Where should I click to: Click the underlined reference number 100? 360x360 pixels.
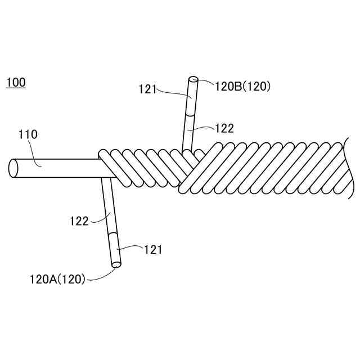tap(15, 83)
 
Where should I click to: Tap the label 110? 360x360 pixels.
tap(28, 134)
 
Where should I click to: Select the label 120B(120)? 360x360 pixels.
tap(243, 86)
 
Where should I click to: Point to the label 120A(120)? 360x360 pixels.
tap(57, 278)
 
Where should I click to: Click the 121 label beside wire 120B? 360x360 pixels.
tap(147, 88)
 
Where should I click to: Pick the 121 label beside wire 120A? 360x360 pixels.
tap(153, 250)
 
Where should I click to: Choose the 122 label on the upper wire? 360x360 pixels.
tap(224, 128)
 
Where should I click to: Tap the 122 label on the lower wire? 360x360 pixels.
tap(79, 220)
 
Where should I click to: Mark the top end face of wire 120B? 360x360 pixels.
tap(193, 80)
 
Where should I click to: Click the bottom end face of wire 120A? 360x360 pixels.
tap(116, 263)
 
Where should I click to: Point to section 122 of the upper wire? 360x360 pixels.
tap(187, 132)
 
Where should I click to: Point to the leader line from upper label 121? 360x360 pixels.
tap(172, 91)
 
